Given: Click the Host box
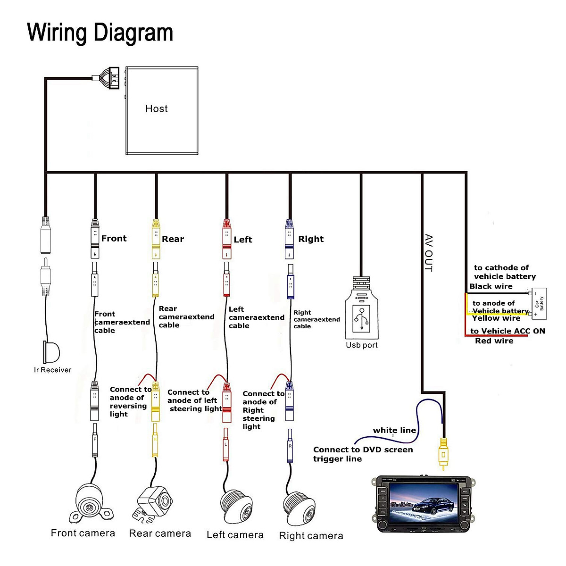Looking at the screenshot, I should pyautogui.click(x=162, y=110).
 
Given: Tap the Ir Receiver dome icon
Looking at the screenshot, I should pyautogui.click(x=52, y=351).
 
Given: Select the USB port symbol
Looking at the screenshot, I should pyautogui.click(x=361, y=317).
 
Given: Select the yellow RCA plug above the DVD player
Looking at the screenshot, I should pyautogui.click(x=443, y=452).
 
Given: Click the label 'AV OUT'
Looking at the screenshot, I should pyautogui.click(x=428, y=253).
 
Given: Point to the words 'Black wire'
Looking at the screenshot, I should pyautogui.click(x=491, y=286).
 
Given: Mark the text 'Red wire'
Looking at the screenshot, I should pyautogui.click(x=494, y=341).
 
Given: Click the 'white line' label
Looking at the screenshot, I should pyautogui.click(x=394, y=430).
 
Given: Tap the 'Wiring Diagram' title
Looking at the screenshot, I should pyautogui.click(x=100, y=33).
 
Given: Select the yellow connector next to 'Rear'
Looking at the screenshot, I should pyautogui.click(x=156, y=239).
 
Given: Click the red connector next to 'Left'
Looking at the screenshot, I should pyautogui.click(x=227, y=239).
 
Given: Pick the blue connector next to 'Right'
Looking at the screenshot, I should pyautogui.click(x=290, y=239).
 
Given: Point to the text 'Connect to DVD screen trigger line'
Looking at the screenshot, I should pyautogui.click(x=363, y=454).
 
